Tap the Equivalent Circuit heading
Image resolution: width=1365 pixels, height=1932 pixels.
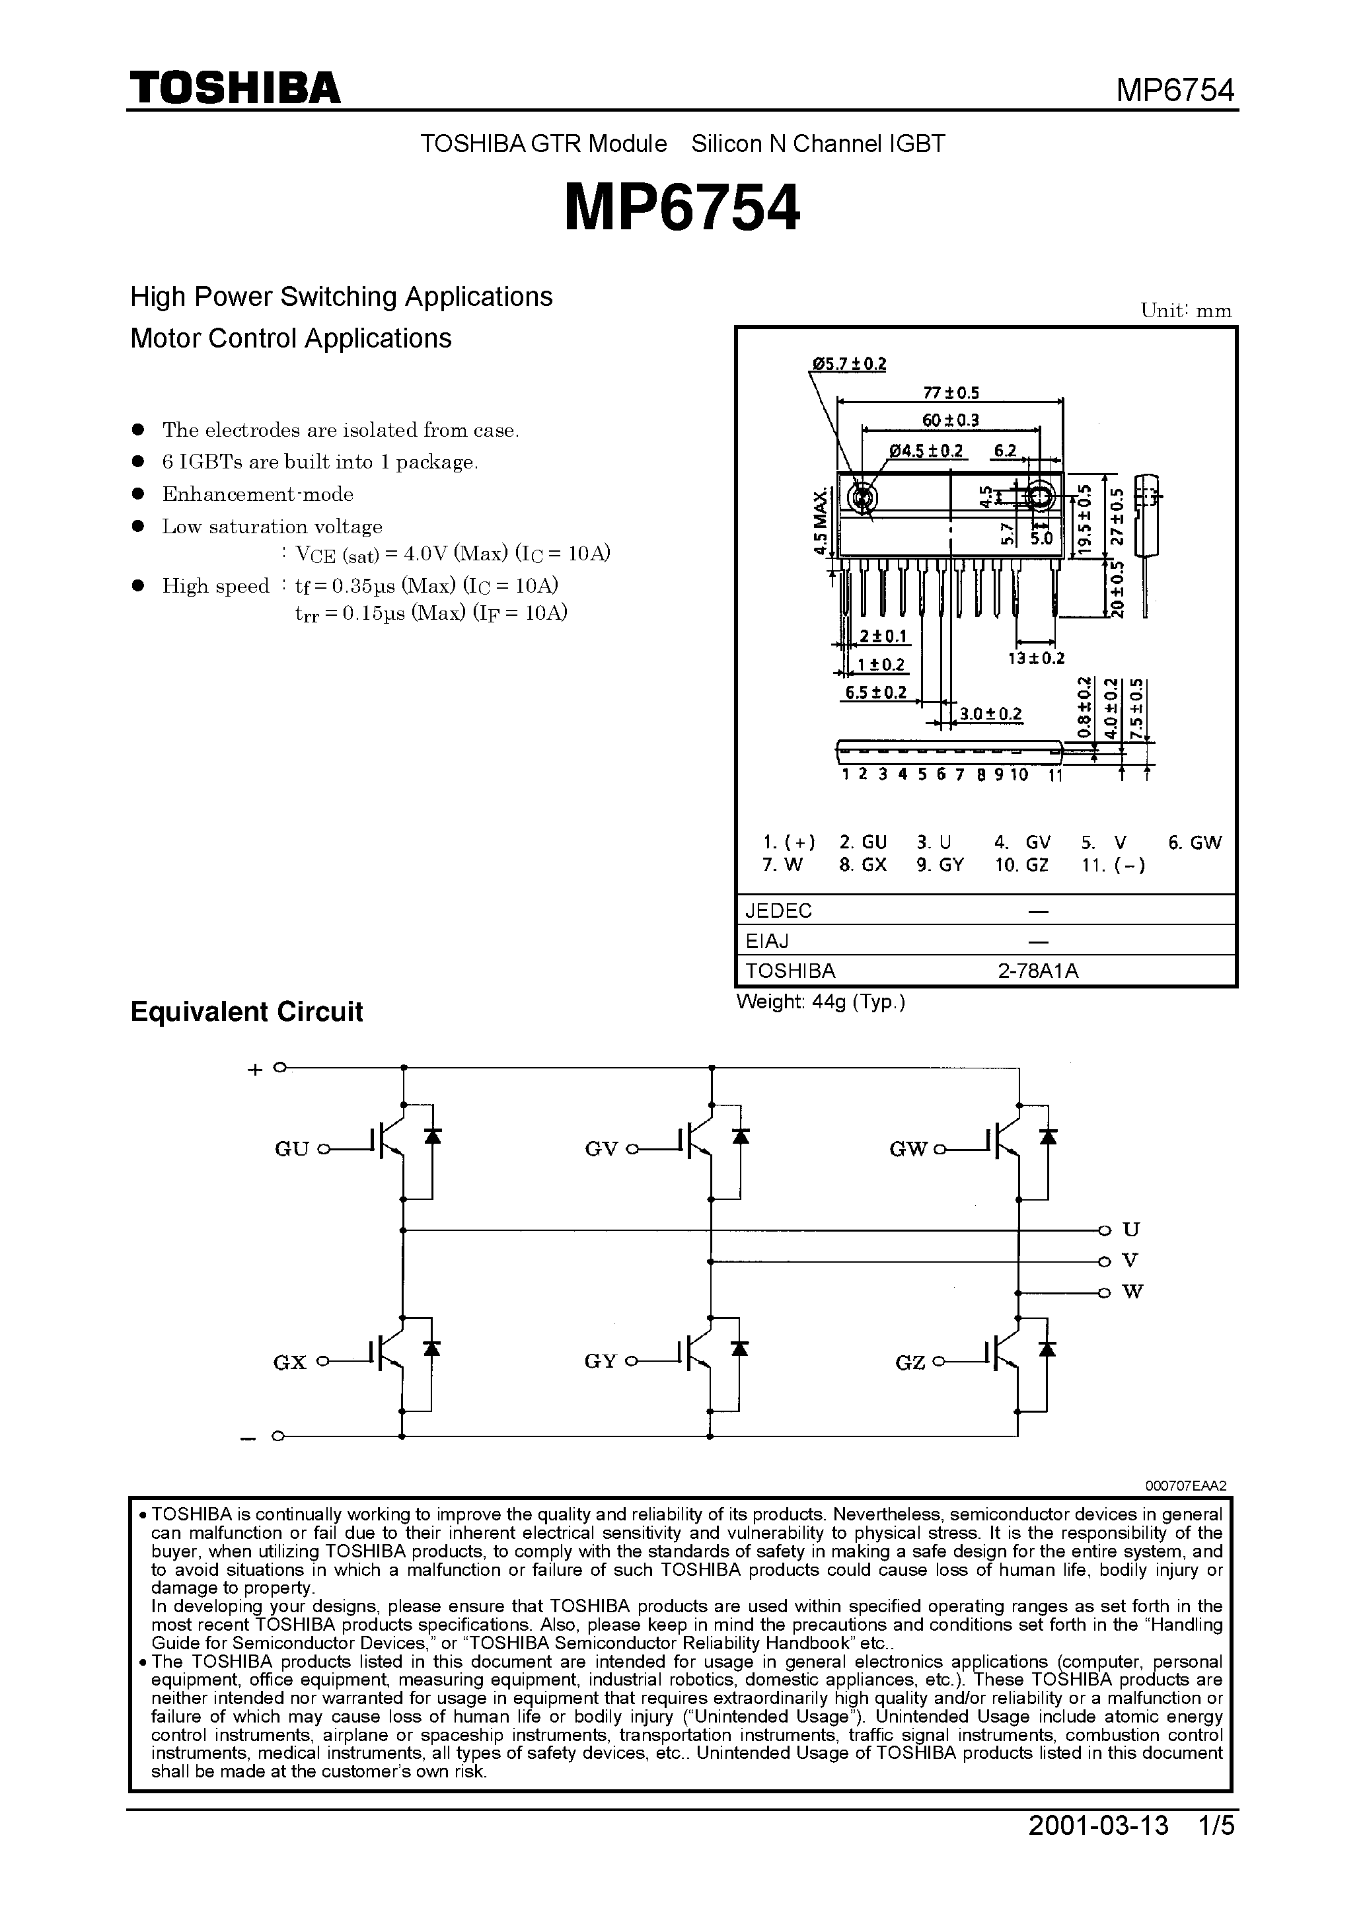coord(246,1012)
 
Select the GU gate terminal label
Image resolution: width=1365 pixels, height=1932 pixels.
coord(292,1150)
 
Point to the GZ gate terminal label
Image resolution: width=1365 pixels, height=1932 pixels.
coord(910,1362)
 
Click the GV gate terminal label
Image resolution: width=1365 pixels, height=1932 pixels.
coord(601,1150)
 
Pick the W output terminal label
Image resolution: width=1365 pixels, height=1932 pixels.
coord(1132,1292)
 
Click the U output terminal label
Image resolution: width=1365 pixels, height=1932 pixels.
coord(1131,1230)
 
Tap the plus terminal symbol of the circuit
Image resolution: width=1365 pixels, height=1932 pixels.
coord(255,1070)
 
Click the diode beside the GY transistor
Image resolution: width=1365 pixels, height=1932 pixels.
coord(740,1348)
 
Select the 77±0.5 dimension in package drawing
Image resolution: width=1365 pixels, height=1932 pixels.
coord(951,392)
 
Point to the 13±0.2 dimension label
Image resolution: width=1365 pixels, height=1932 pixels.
coord(1036,658)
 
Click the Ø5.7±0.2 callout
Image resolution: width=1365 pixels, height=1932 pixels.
coord(848,364)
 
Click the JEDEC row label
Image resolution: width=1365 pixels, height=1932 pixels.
coord(778,910)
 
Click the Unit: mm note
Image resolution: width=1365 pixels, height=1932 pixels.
coord(1186,311)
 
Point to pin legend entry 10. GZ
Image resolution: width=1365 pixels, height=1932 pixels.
coord(1021,864)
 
